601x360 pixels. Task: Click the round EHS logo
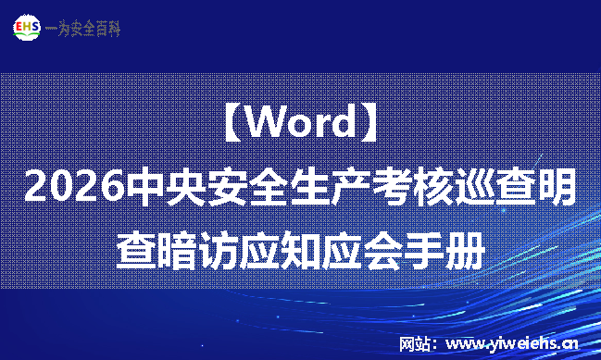click(28, 29)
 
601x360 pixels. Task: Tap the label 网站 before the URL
click(416, 344)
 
